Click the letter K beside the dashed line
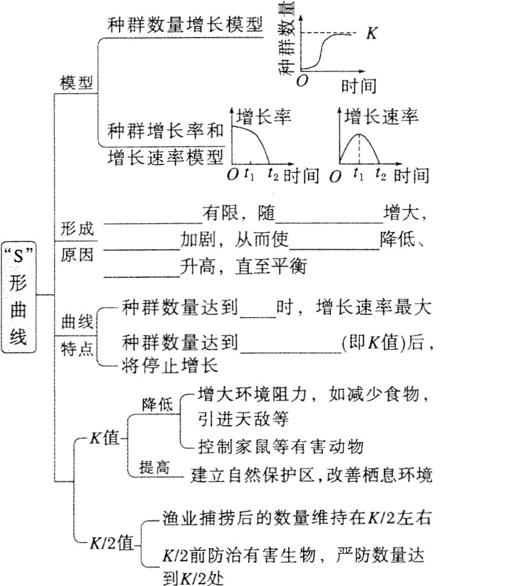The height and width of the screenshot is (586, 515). coord(372,34)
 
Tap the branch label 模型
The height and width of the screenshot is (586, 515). coord(77,83)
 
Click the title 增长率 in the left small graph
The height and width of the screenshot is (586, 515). coord(263,116)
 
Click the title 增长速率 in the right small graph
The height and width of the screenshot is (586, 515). coord(382,116)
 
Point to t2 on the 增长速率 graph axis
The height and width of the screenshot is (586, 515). coord(380,175)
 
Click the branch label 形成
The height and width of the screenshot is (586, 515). coord(77,229)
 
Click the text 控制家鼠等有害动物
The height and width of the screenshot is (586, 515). coord(281,447)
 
